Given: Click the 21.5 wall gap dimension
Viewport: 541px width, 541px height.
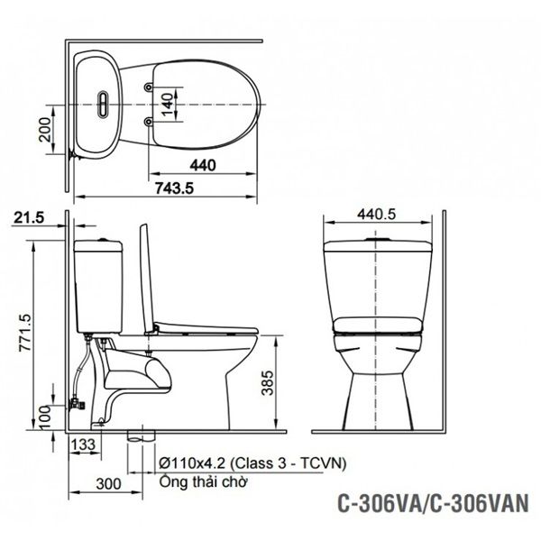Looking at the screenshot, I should tap(30, 218).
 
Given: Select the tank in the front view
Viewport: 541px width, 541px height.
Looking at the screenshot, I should tap(378, 275).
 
